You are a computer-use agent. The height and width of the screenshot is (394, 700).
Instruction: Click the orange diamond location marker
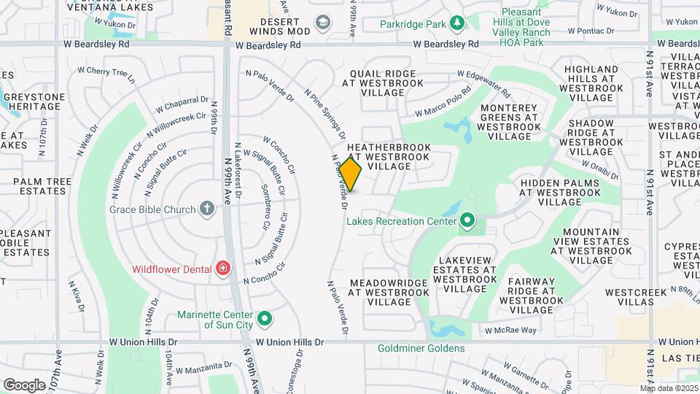pyautogui.click(x=351, y=174)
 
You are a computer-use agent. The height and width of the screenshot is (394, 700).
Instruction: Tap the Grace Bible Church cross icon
pyautogui.click(x=207, y=209)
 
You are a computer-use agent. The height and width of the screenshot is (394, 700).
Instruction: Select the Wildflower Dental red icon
pyautogui.click(x=222, y=269)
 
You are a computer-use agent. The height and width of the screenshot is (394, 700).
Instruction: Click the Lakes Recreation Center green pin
pyautogui.click(x=467, y=220)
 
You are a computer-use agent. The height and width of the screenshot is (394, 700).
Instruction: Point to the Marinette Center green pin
pyautogui.click(x=266, y=319)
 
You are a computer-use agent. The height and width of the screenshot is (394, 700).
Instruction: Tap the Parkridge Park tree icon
pyautogui.click(x=457, y=24)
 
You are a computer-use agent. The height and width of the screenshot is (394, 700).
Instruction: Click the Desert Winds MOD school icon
pyautogui.click(x=322, y=24)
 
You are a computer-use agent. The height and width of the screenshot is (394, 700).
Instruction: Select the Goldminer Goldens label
pyautogui.click(x=421, y=348)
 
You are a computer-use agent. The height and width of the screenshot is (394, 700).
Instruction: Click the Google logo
pyautogui.click(x=24, y=385)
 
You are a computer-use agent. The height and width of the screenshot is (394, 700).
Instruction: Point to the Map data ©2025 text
pyautogui.click(x=669, y=387)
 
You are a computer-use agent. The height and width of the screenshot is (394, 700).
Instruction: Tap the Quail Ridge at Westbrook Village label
pyautogui.click(x=384, y=83)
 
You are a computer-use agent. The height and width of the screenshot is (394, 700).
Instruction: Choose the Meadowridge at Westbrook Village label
pyautogui.click(x=388, y=292)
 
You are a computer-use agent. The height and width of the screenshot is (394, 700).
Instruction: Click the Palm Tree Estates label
pyautogui.click(x=31, y=187)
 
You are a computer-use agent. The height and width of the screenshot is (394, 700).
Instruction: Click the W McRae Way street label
pyautogui.click(x=510, y=330)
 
